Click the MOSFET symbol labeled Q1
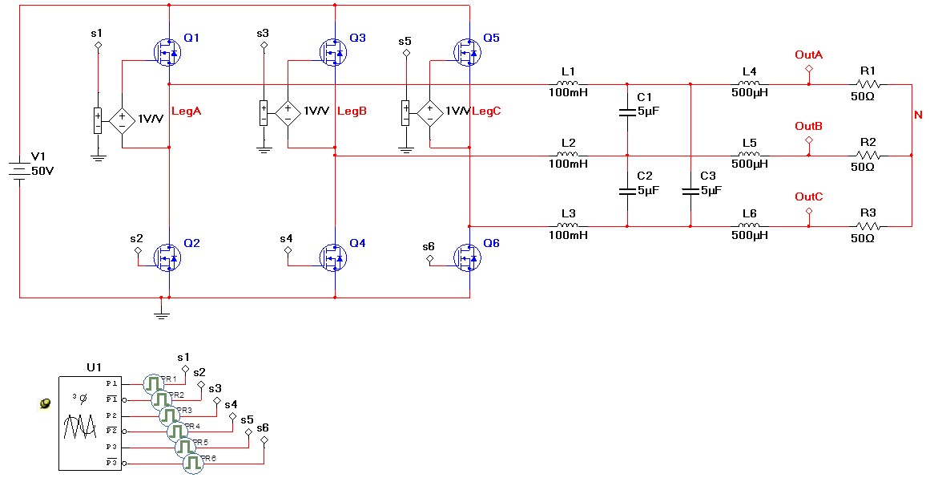(x=167, y=53)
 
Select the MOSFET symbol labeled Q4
(x=332, y=257)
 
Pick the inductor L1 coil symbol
(x=568, y=83)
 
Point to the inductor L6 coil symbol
(x=748, y=226)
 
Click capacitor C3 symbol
(x=690, y=191)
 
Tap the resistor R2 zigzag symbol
(x=868, y=155)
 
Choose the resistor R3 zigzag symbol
(x=868, y=226)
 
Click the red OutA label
(x=808, y=55)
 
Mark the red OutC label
(x=808, y=196)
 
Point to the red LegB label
(x=352, y=111)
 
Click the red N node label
(x=918, y=115)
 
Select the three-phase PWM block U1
(x=89, y=422)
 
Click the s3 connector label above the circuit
(x=263, y=33)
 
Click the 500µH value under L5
(x=750, y=164)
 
